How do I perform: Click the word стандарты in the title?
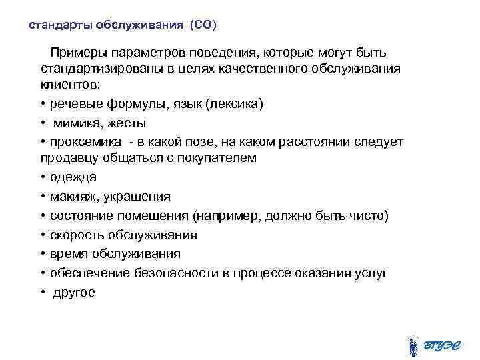pos(61,25)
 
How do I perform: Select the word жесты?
pos(127,123)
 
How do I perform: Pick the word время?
pos(69,254)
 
